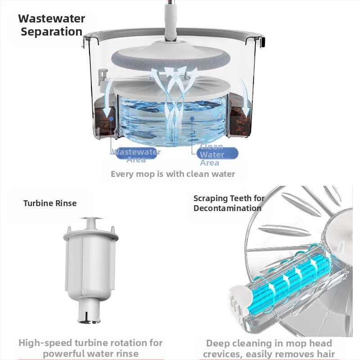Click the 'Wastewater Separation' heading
[51, 25]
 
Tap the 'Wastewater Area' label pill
[136, 153]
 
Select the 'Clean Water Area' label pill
[217, 153]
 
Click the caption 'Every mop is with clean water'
[173, 174]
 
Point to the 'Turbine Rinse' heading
[50, 203]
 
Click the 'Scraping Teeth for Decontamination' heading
[229, 203]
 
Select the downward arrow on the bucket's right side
[245, 96]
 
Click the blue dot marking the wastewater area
[111, 118]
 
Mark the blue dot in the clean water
[192, 118]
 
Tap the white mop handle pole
[171, 19]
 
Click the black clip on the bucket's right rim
[263, 41]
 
